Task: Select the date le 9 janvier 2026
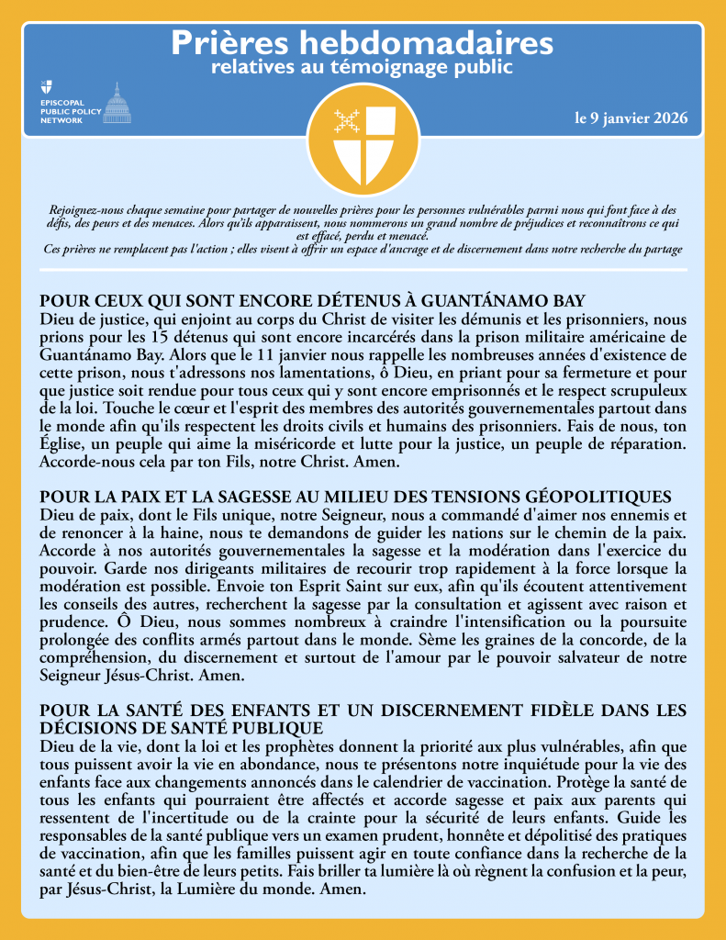click(x=631, y=118)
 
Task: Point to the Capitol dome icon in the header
click(x=116, y=103)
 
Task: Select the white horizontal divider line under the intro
click(x=363, y=270)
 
